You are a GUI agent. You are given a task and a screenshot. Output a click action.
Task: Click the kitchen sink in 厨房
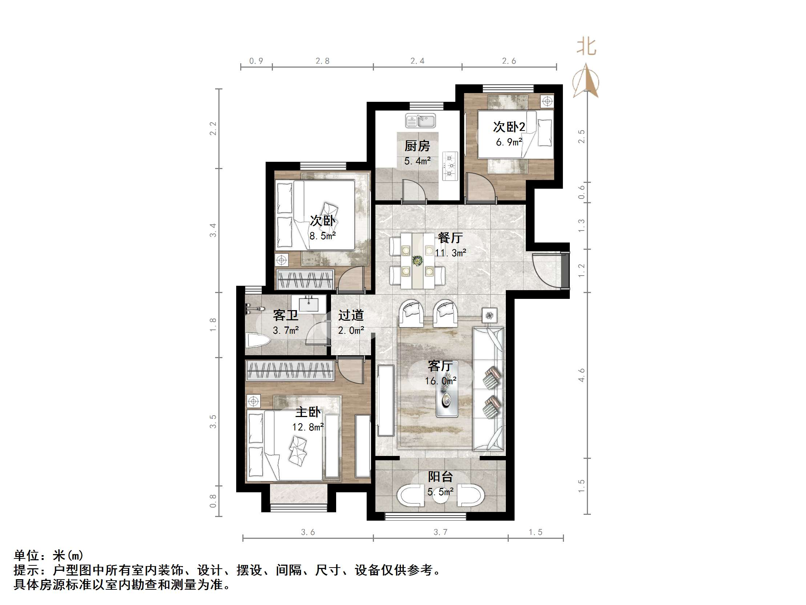[420, 121]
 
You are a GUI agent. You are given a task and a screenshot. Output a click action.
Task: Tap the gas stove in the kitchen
[450, 166]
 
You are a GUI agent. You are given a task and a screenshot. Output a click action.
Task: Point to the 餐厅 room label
[450, 238]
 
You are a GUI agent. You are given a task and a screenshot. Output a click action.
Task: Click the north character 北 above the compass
[586, 47]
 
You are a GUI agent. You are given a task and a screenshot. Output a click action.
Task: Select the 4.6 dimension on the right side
[581, 375]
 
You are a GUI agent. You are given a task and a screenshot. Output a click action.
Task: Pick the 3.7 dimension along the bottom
[440, 532]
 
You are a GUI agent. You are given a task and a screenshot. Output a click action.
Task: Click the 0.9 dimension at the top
[256, 61]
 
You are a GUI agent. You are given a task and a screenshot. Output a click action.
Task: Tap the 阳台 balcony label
[440, 477]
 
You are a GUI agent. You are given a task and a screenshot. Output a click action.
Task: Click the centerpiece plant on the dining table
[417, 260]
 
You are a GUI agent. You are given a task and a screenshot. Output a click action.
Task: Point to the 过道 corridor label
[351, 316]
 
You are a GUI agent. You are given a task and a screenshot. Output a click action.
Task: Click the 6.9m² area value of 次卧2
[509, 142]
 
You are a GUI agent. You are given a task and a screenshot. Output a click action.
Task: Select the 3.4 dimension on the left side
[213, 230]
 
